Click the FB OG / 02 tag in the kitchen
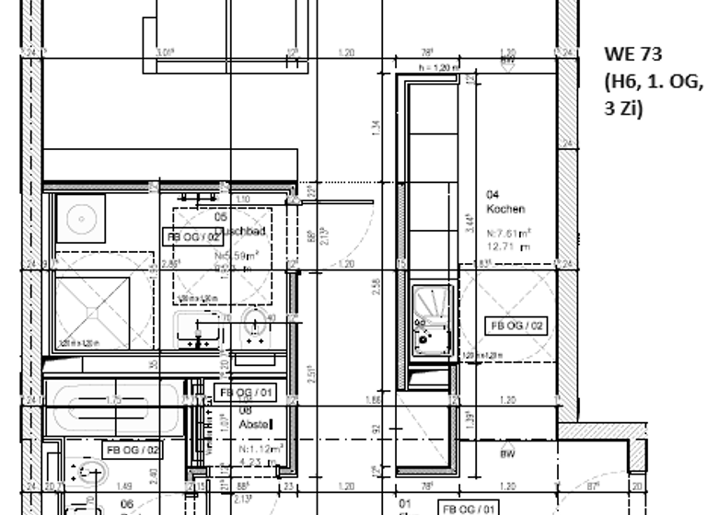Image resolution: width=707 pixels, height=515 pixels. pyautogui.click(x=516, y=326)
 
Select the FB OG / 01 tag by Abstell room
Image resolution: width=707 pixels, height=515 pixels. pyautogui.click(x=244, y=393)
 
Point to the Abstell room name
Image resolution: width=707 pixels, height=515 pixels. pyautogui.click(x=253, y=425)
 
